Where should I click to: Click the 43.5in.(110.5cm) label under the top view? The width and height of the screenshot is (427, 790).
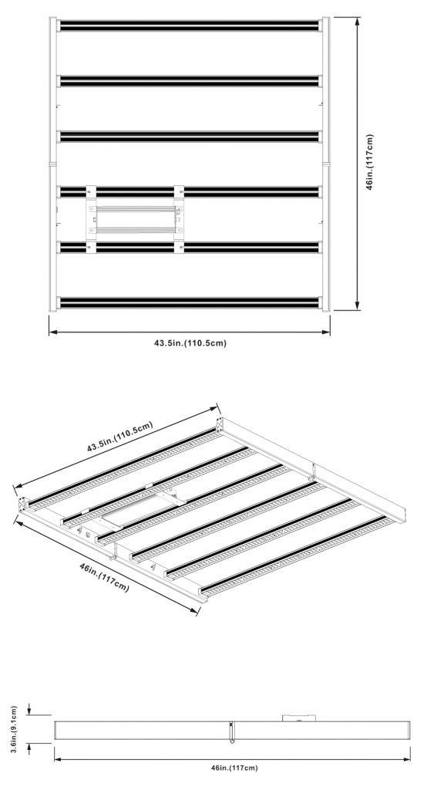(190, 343)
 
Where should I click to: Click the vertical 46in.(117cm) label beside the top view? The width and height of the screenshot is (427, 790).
(370, 162)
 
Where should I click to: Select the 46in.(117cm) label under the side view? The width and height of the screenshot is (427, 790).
(234, 768)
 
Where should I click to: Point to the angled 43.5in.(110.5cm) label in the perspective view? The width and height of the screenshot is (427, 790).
(119, 437)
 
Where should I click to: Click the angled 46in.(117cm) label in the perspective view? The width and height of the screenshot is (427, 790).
(104, 578)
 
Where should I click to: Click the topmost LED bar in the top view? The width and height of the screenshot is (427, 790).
(190, 25)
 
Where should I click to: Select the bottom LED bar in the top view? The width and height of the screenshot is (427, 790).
(190, 302)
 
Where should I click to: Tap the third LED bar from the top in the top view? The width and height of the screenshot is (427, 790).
(190, 137)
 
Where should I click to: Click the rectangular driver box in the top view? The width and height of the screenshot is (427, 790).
(135, 219)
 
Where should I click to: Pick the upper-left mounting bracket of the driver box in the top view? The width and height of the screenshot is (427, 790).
(91, 192)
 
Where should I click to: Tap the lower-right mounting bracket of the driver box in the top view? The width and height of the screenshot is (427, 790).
(179, 247)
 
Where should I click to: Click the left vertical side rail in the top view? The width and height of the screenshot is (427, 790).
(53, 164)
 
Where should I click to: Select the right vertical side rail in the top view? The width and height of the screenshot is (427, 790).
(326, 164)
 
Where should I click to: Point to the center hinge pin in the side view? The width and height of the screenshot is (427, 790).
(232, 732)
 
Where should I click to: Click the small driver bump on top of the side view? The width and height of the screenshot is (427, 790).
(299, 718)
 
